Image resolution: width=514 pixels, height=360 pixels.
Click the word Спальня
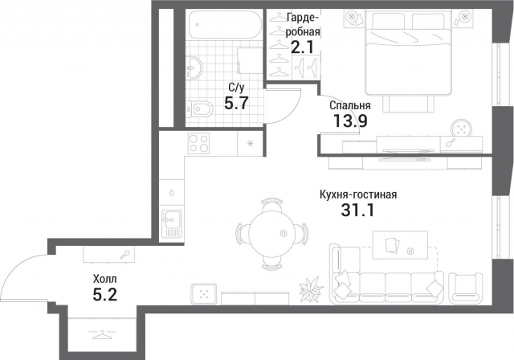[x=350, y=105]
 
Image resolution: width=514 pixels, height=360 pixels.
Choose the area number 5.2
[x=104, y=295]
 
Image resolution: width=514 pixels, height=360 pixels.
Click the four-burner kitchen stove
[x=198, y=144]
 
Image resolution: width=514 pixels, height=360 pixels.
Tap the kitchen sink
[x=170, y=223]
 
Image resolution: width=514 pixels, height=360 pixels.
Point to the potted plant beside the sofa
[x=309, y=287]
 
